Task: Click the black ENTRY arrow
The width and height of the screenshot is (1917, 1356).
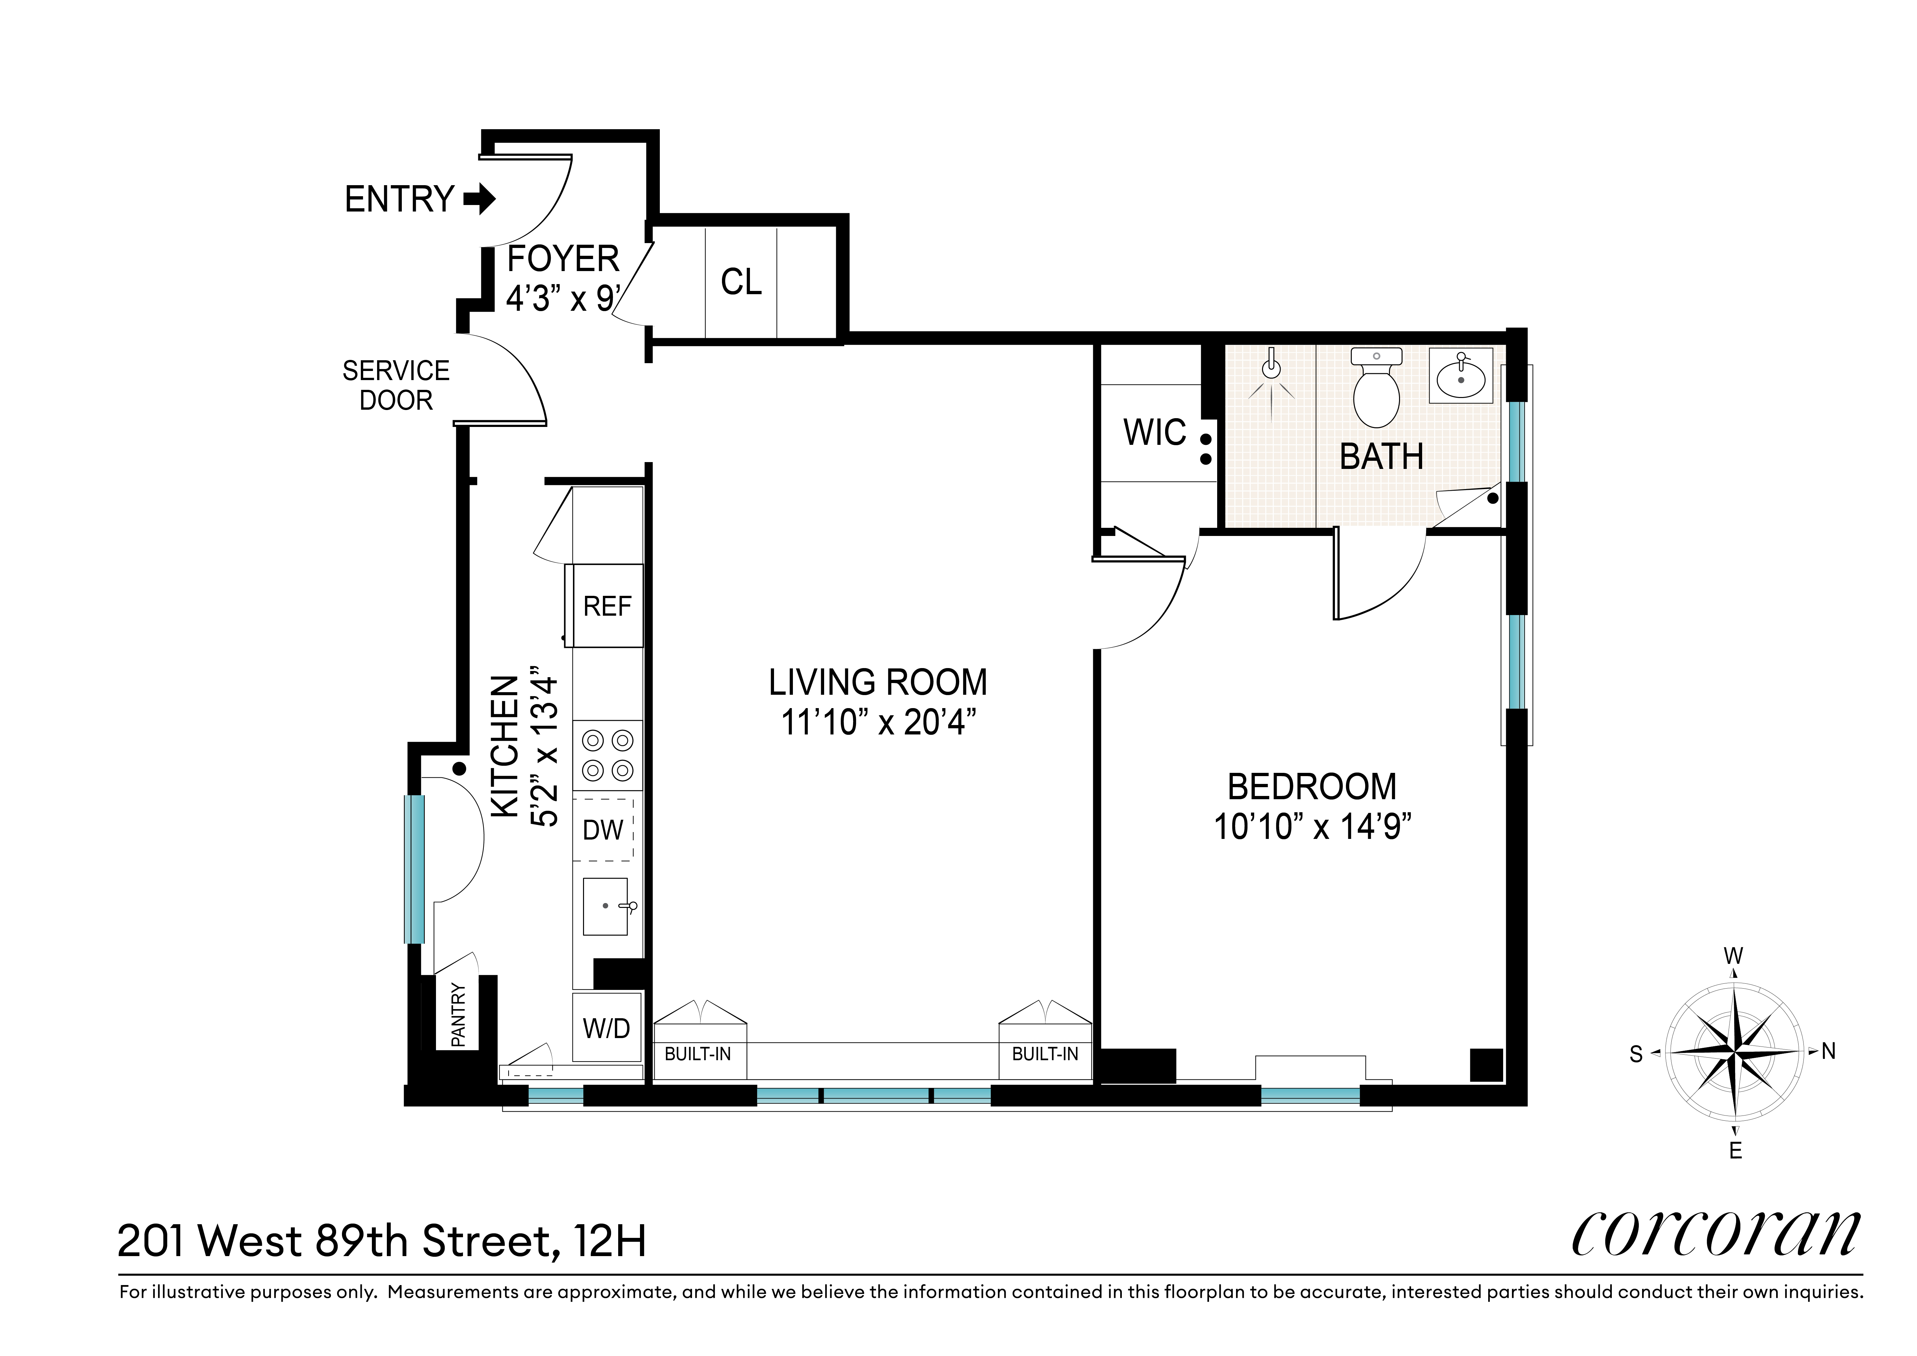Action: tap(479, 199)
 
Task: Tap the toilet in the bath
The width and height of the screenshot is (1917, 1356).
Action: tap(1376, 388)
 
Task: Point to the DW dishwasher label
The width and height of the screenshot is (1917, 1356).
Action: tap(603, 830)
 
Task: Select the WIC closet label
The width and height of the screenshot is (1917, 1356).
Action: tap(1155, 432)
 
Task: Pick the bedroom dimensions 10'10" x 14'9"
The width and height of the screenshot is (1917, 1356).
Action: tap(1312, 827)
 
